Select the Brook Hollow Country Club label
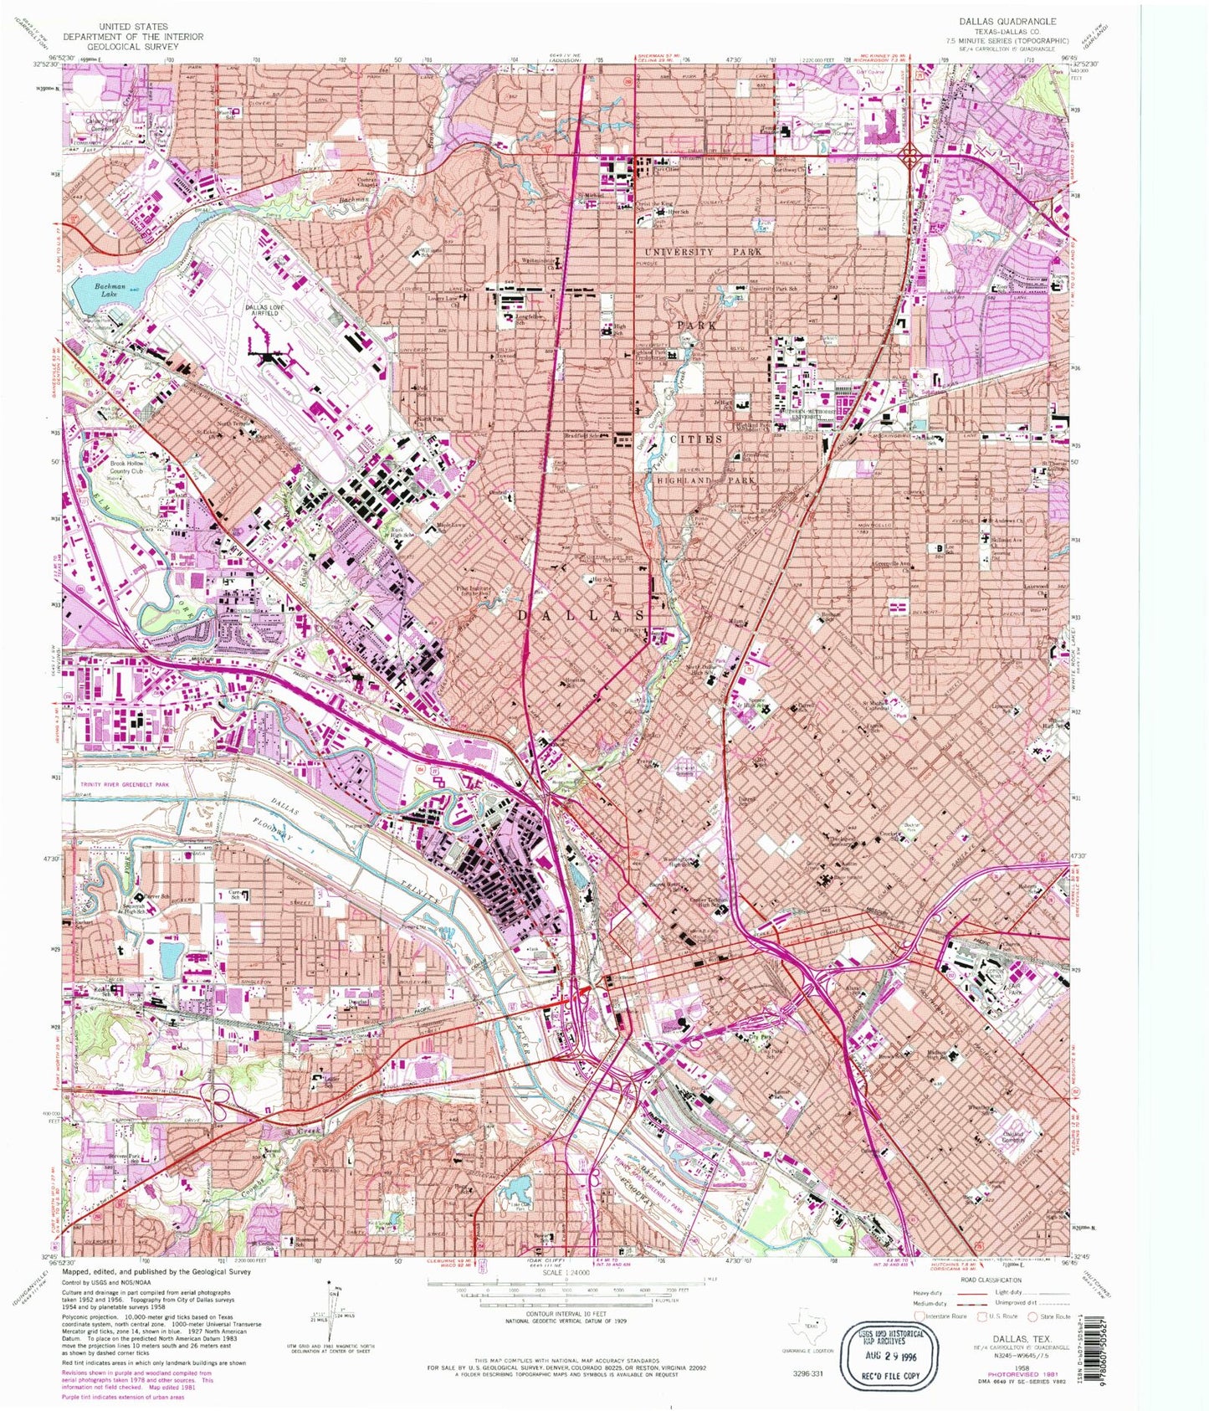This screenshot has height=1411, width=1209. tap(138, 465)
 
